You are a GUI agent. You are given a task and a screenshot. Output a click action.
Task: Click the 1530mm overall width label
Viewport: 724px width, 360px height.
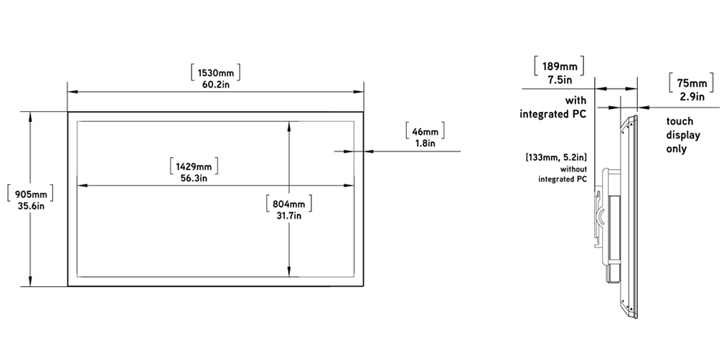(216, 73)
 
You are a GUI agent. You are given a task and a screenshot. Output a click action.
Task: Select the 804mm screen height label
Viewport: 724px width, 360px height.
(289, 204)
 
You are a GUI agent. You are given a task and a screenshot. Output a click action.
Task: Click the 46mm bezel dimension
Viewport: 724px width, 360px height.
(425, 131)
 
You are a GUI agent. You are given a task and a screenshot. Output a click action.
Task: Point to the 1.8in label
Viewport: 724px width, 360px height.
(426, 143)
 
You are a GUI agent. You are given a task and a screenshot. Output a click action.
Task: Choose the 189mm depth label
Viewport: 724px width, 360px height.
(559, 67)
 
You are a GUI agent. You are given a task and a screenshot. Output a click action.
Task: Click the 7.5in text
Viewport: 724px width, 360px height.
(560, 80)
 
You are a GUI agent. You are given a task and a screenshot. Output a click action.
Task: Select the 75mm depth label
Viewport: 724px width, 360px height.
(692, 83)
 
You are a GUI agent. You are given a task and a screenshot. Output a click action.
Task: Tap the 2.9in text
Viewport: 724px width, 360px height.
(692, 97)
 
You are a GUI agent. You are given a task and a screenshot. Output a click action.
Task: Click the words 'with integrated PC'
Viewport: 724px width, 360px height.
(553, 107)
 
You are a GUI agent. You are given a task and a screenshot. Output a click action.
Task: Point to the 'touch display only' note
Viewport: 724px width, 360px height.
(683, 136)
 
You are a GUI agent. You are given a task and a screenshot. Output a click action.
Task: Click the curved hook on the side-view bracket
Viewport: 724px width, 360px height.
(602, 216)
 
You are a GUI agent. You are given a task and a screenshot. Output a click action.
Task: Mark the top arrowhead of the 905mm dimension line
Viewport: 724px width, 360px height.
(30, 116)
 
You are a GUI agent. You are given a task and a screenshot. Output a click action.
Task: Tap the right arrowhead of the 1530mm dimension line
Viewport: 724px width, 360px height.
(359, 91)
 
